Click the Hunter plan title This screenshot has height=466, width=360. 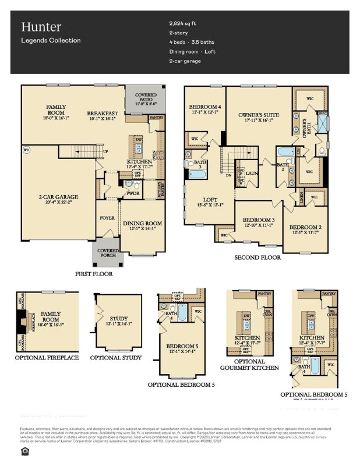tap(41, 26)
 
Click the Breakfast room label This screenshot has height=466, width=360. tap(103, 113)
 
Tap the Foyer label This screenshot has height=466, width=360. tap(107, 218)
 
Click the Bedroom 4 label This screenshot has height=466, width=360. tap(205, 107)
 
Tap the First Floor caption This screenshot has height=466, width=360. tap(94, 273)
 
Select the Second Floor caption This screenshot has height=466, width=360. tap(257, 257)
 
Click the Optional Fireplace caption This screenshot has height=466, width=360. tap(47, 357)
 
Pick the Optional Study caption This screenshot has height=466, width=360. tap(116, 357)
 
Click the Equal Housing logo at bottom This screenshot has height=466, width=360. tap(23, 450)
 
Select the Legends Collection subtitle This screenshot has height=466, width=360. tap(51, 40)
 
